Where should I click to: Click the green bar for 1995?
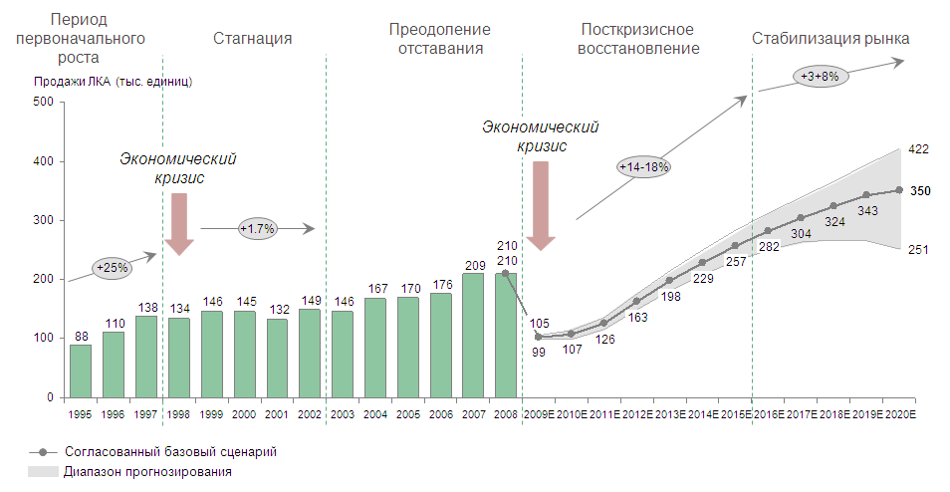pos(81,370)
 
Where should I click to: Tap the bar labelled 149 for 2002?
pos(310,354)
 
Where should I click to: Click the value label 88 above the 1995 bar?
pos(81,336)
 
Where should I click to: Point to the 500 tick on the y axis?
pos(43,103)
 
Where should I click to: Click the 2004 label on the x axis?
pos(375,413)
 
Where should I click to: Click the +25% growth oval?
pos(113,267)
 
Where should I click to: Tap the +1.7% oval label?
pos(258,229)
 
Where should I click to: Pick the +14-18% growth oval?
pos(643,167)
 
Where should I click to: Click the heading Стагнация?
pos(253,39)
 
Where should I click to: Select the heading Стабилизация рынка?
pos(831,39)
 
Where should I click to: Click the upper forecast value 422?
pos(918,149)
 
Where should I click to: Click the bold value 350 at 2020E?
pos(920,190)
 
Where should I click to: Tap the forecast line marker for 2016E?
pos(767,231)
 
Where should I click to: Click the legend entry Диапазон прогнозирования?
pos(147,471)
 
